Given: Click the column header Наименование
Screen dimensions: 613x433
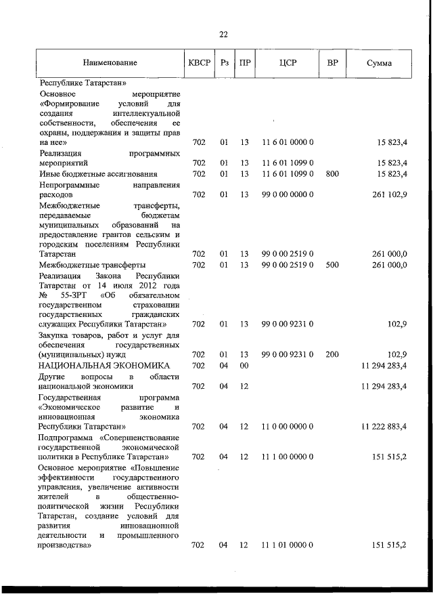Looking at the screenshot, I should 110,63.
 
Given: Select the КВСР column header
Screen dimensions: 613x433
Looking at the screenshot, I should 199,63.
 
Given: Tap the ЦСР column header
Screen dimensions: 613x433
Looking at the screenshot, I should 288,63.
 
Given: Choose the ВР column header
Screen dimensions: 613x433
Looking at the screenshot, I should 332,63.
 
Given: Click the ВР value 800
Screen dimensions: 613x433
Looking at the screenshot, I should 332,174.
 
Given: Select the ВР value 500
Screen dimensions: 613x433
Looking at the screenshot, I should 332,265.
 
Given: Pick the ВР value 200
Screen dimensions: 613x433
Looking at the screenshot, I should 332,354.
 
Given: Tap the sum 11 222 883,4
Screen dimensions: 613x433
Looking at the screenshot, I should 384,427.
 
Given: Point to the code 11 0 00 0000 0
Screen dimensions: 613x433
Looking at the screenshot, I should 287,427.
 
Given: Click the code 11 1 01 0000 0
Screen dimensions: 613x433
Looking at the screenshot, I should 287,545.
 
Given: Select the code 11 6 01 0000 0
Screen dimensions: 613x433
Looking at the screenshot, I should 287,143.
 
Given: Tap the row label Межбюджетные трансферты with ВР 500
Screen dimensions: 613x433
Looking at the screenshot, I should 93,265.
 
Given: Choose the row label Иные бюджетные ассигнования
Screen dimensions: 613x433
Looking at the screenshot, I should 99,174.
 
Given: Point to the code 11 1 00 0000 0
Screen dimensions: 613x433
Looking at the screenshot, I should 287,457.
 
